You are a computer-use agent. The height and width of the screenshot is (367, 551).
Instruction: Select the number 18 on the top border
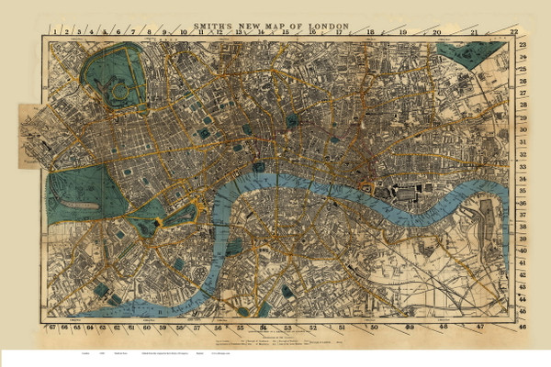370,32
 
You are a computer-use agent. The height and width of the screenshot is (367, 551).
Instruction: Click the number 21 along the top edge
474,32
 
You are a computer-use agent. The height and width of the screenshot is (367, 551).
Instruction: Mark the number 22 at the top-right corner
523,44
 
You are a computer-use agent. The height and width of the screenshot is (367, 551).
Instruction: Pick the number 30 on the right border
523,131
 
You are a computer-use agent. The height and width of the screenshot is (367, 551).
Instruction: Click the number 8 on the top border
150,32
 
